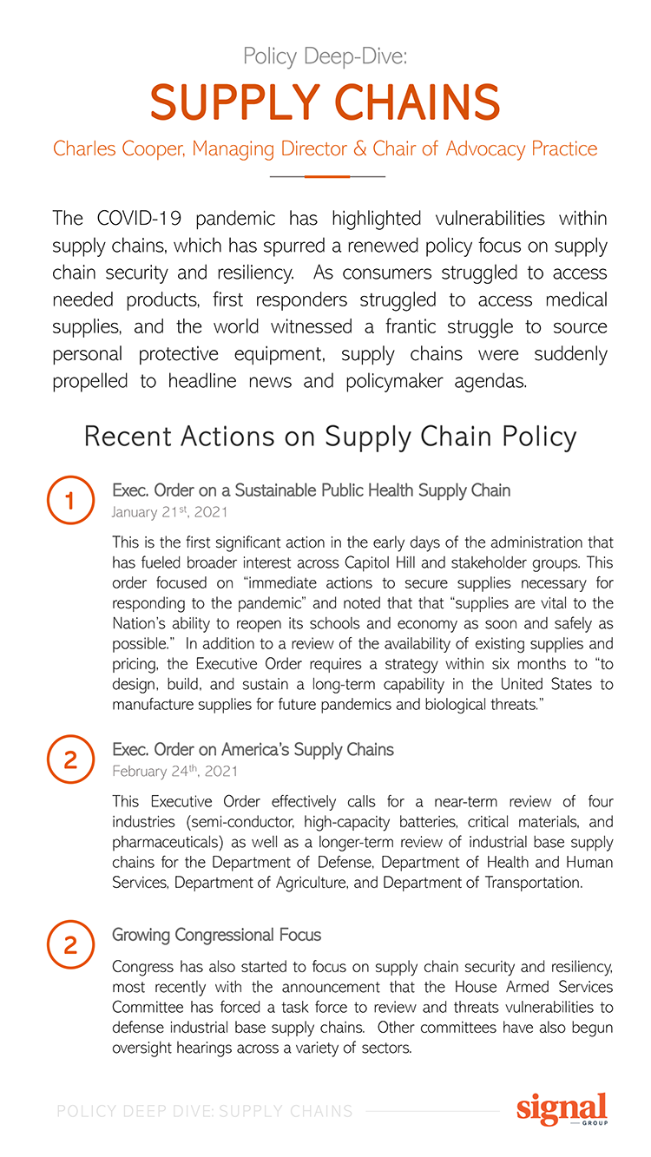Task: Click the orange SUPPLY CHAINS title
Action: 325,103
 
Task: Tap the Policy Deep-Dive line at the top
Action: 325,57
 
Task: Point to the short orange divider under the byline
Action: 326,176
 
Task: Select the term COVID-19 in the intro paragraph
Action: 129,217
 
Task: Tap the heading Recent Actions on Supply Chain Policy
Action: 330,437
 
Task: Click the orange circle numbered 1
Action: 71,501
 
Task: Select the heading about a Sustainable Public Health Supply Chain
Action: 311,490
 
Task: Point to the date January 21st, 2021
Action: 169,512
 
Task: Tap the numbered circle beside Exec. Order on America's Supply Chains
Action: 71,759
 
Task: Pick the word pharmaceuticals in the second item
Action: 168,841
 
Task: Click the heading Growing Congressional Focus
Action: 216,935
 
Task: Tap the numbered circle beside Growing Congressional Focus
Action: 71,944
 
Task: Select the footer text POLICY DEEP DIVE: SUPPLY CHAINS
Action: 204,1111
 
